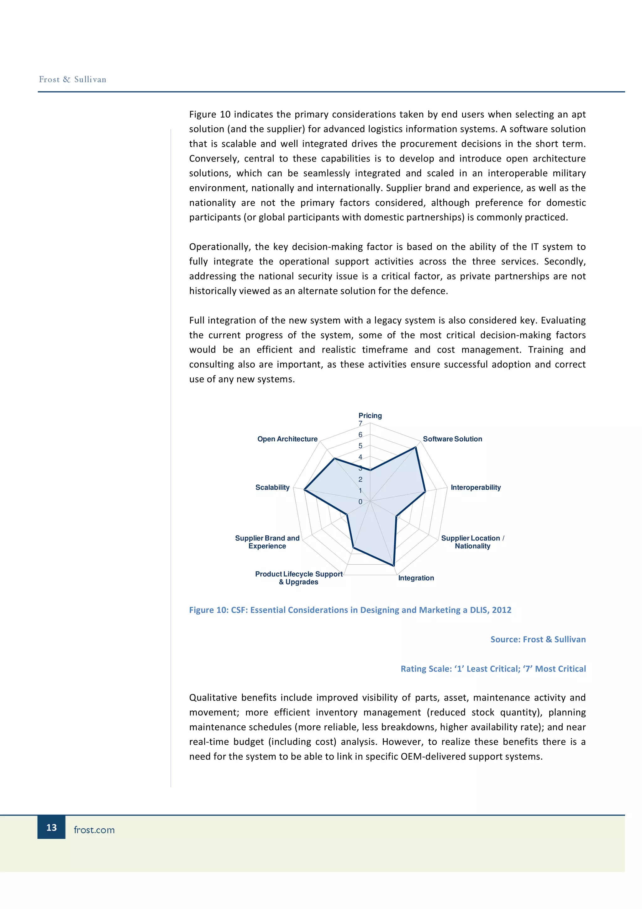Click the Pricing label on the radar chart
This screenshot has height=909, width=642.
point(370,415)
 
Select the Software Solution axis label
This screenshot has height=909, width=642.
point(452,439)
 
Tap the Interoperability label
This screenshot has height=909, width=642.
point(476,487)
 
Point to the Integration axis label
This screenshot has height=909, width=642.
point(416,578)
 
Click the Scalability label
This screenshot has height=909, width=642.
point(272,487)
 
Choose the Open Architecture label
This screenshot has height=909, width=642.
point(287,439)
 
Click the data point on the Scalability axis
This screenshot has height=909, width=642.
point(304,490)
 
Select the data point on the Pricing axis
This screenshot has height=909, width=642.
point(370,470)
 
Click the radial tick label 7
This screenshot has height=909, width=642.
point(360,424)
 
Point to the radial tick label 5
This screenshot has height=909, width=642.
point(360,446)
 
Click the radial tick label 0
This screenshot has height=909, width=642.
point(360,502)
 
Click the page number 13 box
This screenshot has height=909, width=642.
point(51,827)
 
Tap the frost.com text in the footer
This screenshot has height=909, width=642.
point(94,830)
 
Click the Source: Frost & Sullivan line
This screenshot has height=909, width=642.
point(538,639)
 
